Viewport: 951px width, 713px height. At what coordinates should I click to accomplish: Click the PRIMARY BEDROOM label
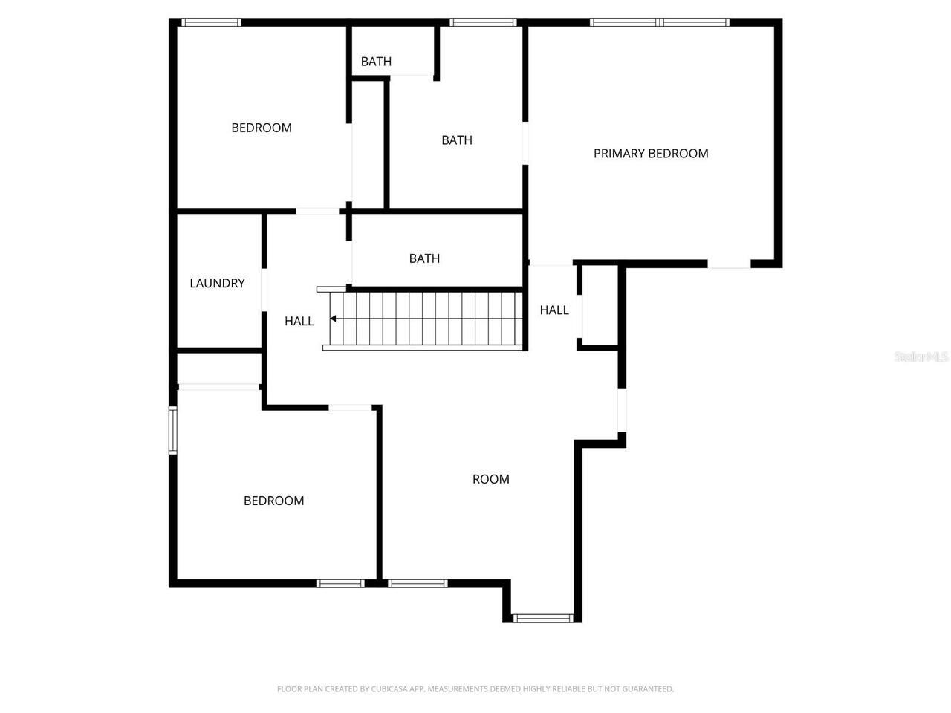(651, 154)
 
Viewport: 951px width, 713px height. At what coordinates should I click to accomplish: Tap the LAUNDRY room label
(217, 283)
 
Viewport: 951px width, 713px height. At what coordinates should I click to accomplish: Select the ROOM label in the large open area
(491, 479)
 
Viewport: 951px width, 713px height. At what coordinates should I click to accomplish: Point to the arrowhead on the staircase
(334, 319)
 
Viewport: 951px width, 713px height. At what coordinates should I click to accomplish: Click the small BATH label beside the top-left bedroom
(376, 62)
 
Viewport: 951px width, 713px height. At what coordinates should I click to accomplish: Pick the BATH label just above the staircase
(424, 258)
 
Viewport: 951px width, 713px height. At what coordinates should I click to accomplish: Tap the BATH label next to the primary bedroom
(457, 140)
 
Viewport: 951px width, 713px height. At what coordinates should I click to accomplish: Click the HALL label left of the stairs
(299, 321)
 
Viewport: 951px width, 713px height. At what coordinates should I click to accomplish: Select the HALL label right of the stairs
(554, 310)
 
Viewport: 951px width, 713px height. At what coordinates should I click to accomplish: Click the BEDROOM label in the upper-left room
(262, 128)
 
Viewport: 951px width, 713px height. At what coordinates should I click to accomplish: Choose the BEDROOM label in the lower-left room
(274, 501)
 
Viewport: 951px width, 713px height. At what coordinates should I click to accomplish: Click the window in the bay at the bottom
(543, 618)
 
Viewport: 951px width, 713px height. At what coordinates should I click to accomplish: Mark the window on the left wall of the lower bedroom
(173, 430)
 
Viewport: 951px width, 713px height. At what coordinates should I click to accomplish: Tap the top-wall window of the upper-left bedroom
(212, 22)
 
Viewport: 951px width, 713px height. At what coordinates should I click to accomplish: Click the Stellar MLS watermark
(921, 357)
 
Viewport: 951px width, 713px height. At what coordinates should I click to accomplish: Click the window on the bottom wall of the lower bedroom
(341, 583)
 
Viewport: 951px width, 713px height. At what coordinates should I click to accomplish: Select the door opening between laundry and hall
(264, 289)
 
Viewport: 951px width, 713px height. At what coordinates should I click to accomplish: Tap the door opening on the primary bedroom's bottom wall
(729, 264)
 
